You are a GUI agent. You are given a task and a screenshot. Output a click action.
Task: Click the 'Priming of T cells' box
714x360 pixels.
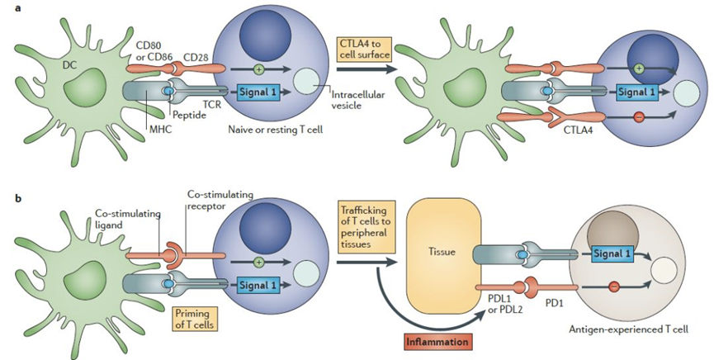[195, 318]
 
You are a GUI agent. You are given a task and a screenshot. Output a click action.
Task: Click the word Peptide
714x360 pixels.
[189, 116]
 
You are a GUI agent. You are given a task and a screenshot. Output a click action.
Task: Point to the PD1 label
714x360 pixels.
[559, 303]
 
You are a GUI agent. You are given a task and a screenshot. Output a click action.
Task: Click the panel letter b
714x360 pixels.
[18, 199]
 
